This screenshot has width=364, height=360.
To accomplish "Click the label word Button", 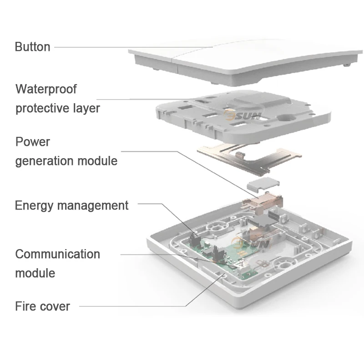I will click(32, 47).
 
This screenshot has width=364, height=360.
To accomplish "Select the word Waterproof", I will click(46, 89).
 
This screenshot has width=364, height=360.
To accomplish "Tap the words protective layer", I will click(57, 109).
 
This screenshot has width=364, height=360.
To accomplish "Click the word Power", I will click(33, 141).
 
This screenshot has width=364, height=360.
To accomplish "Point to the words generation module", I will click(66, 161).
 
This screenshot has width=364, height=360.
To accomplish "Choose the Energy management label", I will click(71, 205).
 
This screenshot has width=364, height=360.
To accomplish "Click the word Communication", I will click(57, 254).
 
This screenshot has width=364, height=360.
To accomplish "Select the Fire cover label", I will click(42, 306).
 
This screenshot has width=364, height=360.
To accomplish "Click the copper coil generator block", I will click(264, 200).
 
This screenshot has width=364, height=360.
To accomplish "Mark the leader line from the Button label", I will click(132, 47).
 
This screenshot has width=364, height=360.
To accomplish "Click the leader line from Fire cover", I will click(136, 306).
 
